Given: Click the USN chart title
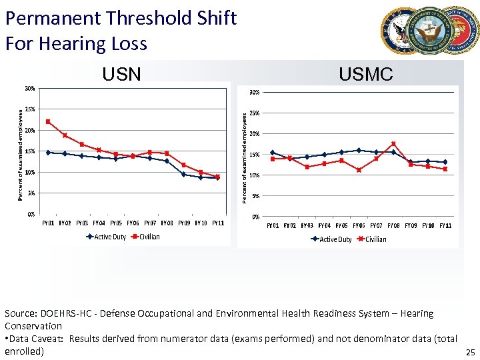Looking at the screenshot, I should [121, 74].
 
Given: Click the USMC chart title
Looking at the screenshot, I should [365, 74].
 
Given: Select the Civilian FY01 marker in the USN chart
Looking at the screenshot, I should [48, 122].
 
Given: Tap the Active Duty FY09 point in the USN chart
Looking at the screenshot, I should [183, 174].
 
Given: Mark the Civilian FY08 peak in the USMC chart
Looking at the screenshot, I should [393, 144].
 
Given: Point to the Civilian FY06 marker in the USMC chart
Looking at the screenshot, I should [359, 170].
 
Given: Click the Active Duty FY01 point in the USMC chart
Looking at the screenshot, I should [272, 153].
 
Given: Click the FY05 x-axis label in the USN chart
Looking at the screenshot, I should [116, 223].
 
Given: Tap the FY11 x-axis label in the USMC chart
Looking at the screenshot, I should [445, 226].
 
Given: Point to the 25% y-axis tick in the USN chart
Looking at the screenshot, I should [29, 109].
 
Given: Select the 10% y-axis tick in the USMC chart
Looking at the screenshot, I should [255, 175].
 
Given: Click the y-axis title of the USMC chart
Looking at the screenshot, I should [245, 157].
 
